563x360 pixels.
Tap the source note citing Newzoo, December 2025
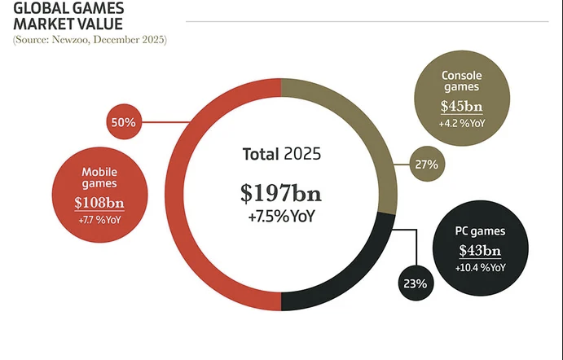(90, 39)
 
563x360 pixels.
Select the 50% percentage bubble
(122, 122)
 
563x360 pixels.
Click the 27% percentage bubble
(426, 165)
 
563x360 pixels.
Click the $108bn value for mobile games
(99, 204)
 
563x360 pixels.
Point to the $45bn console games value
(461, 107)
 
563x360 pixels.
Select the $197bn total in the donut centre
(281, 193)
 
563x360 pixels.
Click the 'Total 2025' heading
(281, 153)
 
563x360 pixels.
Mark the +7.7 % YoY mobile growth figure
(99, 222)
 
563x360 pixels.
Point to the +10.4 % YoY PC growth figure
(481, 268)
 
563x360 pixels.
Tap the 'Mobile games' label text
(99, 178)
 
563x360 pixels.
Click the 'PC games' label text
(481, 232)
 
